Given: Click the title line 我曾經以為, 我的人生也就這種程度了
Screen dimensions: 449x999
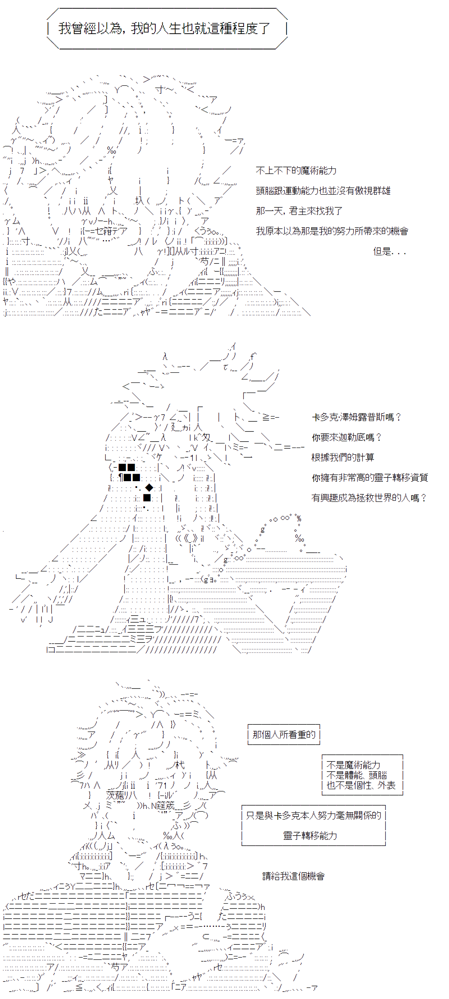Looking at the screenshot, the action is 164,28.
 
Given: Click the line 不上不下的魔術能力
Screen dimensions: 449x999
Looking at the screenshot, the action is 296,171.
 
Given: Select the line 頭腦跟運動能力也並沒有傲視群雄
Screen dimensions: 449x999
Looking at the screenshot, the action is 323,191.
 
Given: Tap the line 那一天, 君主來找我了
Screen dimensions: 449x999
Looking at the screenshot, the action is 299,211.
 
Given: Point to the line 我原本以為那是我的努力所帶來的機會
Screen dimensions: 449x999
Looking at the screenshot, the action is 332,231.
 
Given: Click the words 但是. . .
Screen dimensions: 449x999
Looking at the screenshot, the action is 382,251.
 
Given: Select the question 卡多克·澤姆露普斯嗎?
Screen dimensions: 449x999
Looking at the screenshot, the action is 356,417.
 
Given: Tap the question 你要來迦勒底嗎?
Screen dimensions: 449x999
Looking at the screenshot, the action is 346,437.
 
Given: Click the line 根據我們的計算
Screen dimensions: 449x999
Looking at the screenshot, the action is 343,458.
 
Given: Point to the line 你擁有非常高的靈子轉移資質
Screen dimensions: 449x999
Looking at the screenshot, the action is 370,478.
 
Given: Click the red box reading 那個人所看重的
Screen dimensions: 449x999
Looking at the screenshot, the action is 284,734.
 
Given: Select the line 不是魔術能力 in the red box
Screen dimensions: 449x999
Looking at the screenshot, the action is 353,765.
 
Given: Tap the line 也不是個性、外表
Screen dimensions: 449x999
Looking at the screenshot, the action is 361,785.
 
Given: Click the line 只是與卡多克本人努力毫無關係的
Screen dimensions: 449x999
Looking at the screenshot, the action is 314,815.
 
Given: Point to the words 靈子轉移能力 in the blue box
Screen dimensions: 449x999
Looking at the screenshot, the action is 310,835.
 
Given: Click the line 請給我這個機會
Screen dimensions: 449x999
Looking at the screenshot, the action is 293,876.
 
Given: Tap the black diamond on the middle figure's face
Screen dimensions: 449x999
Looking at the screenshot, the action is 149,488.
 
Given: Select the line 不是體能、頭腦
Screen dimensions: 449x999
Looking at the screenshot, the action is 357,775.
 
